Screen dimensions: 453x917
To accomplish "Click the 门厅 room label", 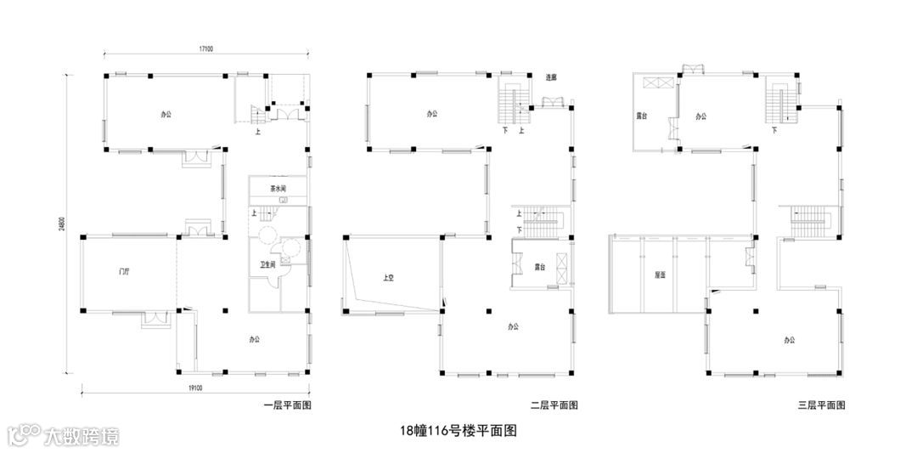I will (x=125, y=272).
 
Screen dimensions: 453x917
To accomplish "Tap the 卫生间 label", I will (x=267, y=265).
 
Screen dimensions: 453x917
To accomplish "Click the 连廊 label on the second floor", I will (x=550, y=77).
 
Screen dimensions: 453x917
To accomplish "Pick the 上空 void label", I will (x=388, y=277).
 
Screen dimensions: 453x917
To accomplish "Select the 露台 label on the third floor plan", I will (x=643, y=116).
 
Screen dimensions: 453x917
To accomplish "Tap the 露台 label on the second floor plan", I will (x=539, y=267).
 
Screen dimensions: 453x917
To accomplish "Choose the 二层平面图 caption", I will (x=554, y=405).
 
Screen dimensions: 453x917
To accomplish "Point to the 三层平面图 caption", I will (x=821, y=405).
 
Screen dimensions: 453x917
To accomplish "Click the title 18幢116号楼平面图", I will (x=458, y=431).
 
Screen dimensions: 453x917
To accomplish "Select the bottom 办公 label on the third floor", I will (x=790, y=340).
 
